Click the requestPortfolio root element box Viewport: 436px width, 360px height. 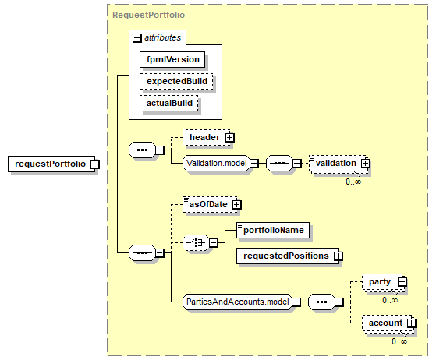[51, 164]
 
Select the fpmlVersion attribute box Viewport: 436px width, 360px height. [172, 59]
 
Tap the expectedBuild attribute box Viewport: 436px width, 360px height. [176, 81]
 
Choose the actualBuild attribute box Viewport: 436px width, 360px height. [169, 104]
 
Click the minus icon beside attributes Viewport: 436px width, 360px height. [137, 37]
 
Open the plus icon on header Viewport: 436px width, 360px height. [230, 137]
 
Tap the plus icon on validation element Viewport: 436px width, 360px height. [366, 164]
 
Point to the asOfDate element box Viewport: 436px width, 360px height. [211, 205]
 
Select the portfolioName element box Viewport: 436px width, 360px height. [273, 230]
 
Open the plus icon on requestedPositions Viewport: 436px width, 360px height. [339, 256]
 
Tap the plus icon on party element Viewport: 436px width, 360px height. [402, 282]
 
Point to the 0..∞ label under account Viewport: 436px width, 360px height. [399, 341]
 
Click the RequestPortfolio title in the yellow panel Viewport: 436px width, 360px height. [148, 15]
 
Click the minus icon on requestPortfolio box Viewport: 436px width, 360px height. [95, 164]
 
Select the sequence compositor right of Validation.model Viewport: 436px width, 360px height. [279, 163]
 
